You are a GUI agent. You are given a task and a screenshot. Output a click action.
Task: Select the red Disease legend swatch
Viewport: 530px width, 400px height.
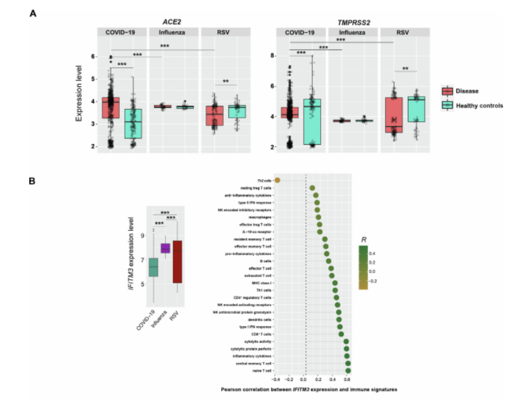click(x=447, y=91)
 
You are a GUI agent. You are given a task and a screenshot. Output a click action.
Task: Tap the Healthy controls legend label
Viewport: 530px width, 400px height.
click(x=479, y=105)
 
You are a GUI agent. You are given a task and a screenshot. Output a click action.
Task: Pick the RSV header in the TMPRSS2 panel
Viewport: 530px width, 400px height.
click(x=403, y=32)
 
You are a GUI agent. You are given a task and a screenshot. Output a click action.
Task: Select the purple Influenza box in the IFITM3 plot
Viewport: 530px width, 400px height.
click(x=165, y=248)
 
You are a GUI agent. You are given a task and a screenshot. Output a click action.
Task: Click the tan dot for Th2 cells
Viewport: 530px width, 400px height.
click(x=277, y=180)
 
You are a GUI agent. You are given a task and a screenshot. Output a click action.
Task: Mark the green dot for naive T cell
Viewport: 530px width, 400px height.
click(x=348, y=371)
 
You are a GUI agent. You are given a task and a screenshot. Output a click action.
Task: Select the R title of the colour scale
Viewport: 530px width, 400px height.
click(x=363, y=239)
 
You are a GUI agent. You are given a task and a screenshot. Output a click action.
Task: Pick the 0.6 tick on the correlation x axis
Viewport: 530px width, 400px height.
click(x=348, y=381)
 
